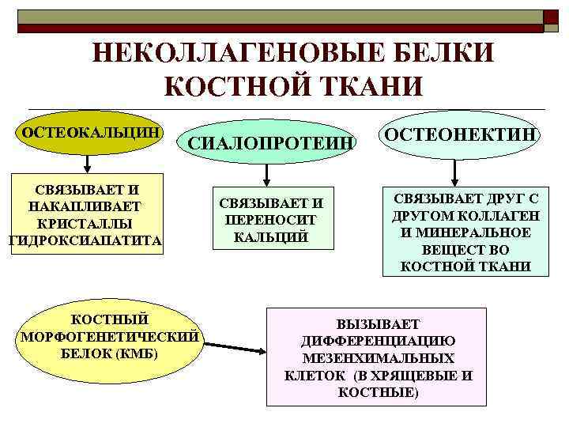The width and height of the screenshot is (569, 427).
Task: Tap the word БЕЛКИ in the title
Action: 439,54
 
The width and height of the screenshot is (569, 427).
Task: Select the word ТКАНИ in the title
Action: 368,85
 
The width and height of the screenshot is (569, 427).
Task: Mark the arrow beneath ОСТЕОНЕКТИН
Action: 454,170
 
